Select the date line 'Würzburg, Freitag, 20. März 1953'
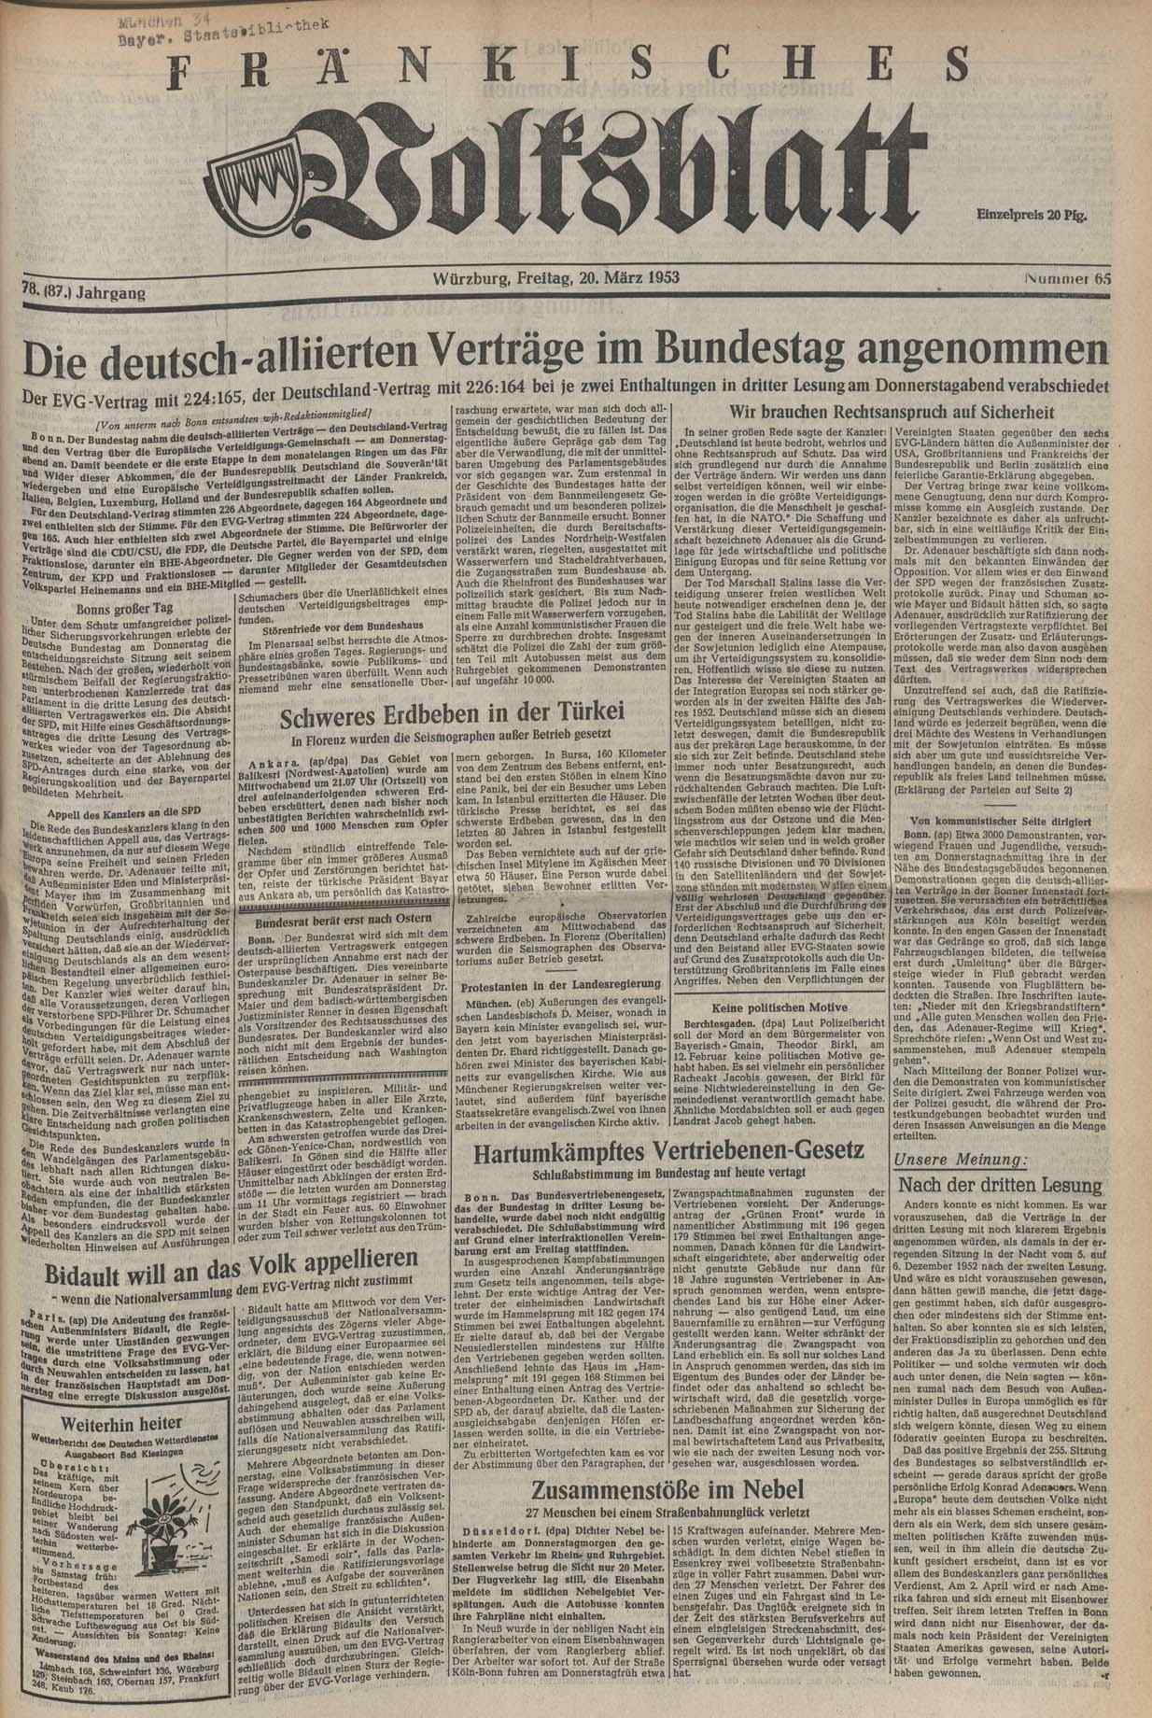point(556,277)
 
